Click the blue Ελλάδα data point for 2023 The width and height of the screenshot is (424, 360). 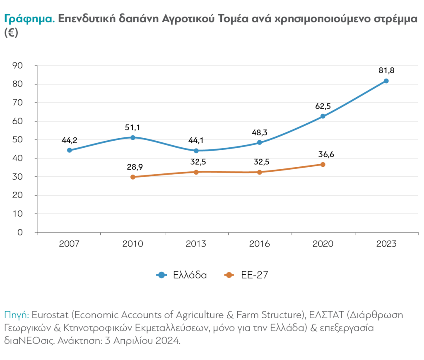click(386, 81)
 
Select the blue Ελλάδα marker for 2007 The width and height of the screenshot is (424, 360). click(69, 150)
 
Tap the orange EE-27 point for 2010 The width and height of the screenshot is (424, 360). click(132, 177)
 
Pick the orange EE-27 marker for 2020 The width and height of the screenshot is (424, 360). click(323, 164)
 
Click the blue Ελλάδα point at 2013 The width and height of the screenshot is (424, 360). click(196, 151)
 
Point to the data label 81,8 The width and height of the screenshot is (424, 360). click(386, 70)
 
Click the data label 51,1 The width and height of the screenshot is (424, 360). click(132, 127)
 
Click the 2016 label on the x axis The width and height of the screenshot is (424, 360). click(259, 244)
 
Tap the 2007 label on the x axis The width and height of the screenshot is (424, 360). click(69, 244)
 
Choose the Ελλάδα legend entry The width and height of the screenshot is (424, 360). click(190, 275)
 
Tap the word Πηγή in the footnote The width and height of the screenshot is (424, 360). click(16, 315)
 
